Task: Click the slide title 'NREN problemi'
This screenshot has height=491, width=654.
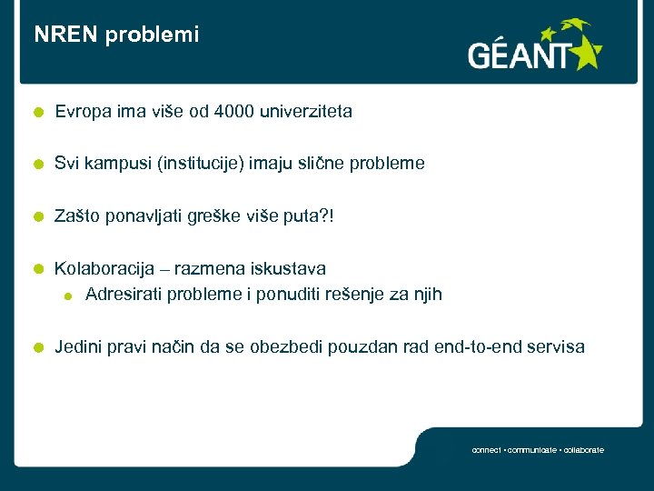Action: (116, 35)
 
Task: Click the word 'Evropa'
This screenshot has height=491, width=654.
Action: (82, 112)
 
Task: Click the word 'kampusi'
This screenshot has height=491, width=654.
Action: (115, 164)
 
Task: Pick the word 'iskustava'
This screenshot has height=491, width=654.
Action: (291, 268)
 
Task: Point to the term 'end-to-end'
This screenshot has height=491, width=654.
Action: (480, 346)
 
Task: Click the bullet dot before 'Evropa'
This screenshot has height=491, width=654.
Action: (36, 113)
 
